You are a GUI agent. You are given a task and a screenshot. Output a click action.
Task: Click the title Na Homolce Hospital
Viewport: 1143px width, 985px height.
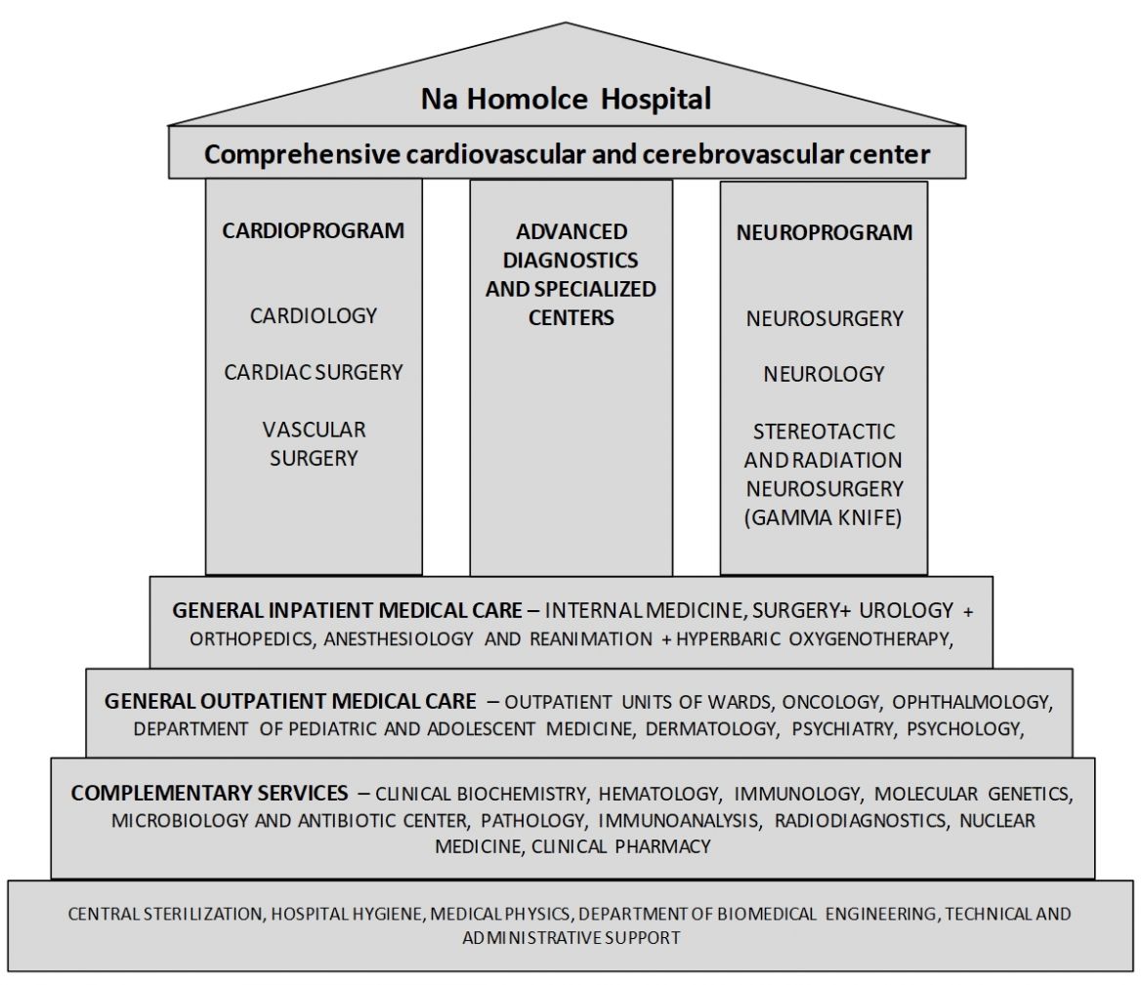point(567,99)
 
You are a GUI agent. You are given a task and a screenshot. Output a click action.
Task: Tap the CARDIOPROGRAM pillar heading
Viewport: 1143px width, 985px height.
point(314,231)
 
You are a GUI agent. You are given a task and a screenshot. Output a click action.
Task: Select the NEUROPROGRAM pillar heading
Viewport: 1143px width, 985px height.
point(825,232)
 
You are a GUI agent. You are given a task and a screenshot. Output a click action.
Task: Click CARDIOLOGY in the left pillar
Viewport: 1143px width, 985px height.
point(314,315)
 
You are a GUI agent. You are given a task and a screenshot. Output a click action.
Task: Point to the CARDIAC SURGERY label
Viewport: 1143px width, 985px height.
point(314,372)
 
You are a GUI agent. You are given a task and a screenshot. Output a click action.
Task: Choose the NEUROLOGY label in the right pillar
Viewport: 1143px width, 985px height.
point(824,374)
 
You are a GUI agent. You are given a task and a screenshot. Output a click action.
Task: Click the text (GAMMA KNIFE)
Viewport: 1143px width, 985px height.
point(823,517)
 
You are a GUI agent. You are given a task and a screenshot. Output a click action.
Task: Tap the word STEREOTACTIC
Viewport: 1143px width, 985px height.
point(824,431)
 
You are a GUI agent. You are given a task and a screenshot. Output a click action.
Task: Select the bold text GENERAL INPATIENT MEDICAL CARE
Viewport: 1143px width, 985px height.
point(348,610)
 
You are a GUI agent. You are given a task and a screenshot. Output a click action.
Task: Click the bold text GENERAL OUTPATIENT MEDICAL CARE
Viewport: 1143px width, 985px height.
point(290,702)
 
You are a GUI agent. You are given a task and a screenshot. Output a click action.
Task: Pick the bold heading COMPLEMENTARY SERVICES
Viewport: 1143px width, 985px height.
point(209,793)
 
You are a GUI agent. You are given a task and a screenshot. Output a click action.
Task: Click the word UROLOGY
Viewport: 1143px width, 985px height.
point(906,610)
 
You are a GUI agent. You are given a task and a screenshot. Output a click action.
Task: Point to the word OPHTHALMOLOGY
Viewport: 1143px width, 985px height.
point(972,702)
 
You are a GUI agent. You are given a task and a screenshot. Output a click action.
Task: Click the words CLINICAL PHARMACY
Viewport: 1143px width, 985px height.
point(621,846)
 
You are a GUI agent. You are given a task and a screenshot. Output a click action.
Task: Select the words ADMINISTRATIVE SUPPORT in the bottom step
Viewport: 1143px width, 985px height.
point(571,937)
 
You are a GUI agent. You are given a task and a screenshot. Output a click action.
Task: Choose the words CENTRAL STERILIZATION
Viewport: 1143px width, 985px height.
point(165,915)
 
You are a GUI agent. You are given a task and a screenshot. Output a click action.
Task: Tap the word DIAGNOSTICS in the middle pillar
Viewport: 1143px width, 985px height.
point(571,260)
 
